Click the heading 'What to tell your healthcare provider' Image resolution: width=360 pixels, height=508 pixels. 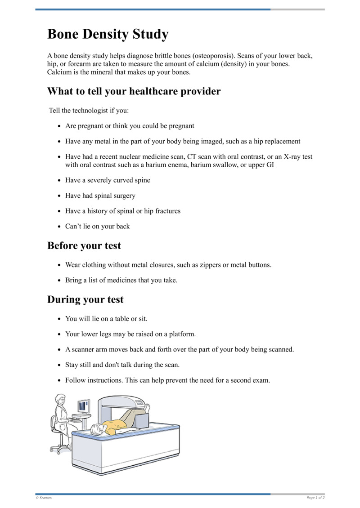tap(134, 91)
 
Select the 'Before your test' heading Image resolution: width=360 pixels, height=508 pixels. tap(84, 245)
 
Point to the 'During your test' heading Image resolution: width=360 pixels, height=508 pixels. tap(85, 299)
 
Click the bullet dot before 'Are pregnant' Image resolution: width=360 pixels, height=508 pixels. tap(59, 126)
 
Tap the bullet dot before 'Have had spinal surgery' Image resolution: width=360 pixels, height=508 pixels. tap(59, 196)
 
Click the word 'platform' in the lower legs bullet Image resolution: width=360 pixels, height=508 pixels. tap(182, 334)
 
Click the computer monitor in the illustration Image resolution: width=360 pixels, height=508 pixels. tap(84, 406)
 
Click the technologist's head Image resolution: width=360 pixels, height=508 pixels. tap(59, 399)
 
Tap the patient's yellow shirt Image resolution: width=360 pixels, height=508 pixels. tap(115, 425)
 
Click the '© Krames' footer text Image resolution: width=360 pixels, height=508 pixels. tap(44, 498)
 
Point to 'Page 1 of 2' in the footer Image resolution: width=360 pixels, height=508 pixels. tap(315, 498)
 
